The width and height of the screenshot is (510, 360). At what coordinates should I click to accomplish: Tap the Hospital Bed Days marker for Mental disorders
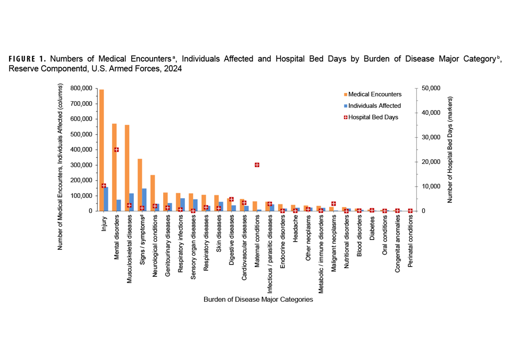tap(116, 150)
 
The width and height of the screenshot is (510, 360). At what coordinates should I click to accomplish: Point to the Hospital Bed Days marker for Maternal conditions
tap(257, 165)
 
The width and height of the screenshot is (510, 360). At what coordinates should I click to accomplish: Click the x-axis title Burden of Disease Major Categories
tap(258, 299)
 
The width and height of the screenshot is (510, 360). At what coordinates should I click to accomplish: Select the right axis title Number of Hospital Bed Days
tap(450, 149)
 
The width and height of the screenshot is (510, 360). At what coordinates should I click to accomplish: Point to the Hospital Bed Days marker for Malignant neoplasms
tap(334, 204)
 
